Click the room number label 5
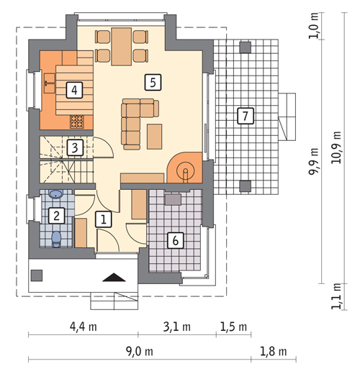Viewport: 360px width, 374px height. (153, 83)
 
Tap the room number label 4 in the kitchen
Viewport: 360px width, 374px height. (74, 90)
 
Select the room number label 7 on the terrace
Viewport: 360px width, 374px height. (246, 116)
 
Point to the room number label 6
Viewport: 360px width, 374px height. (176, 240)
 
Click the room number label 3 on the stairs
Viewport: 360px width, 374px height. (75, 147)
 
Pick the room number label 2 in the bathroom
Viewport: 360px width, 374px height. (56, 216)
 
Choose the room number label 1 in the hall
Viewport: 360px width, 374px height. (104, 219)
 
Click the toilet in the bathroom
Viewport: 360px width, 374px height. (56, 239)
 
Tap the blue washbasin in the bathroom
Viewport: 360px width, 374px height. (56, 194)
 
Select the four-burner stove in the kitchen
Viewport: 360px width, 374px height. (77, 122)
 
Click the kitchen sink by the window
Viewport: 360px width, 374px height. (50, 83)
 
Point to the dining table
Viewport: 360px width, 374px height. (122, 47)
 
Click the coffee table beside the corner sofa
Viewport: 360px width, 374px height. (155, 137)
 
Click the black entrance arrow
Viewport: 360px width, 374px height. (114, 277)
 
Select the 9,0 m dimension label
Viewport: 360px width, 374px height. (140, 352)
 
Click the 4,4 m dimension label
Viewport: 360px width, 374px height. (84, 327)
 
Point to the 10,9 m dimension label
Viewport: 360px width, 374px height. (336, 147)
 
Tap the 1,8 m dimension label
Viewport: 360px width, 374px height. (274, 352)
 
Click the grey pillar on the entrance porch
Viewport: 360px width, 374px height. (37, 275)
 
